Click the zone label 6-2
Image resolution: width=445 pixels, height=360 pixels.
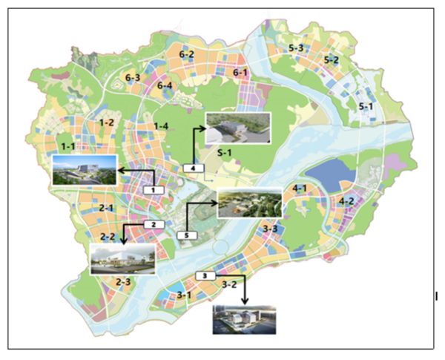186,54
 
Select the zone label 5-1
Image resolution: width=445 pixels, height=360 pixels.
366,106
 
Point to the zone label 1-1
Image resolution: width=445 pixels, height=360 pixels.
68,146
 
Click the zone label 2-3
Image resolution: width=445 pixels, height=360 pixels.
122,282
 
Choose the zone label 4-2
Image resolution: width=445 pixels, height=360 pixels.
346,201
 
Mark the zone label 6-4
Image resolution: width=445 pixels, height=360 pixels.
165,86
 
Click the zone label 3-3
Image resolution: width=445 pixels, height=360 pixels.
271,229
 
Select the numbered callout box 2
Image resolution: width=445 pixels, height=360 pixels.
152,224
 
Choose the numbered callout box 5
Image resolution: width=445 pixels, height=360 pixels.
188,235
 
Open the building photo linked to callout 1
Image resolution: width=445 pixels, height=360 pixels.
84,171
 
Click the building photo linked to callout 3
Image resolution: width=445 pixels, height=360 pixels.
245,321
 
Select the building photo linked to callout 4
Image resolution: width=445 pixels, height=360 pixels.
237,129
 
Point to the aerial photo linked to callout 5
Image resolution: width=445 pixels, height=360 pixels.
248,203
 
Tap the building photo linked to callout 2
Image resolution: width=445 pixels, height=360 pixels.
122,258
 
